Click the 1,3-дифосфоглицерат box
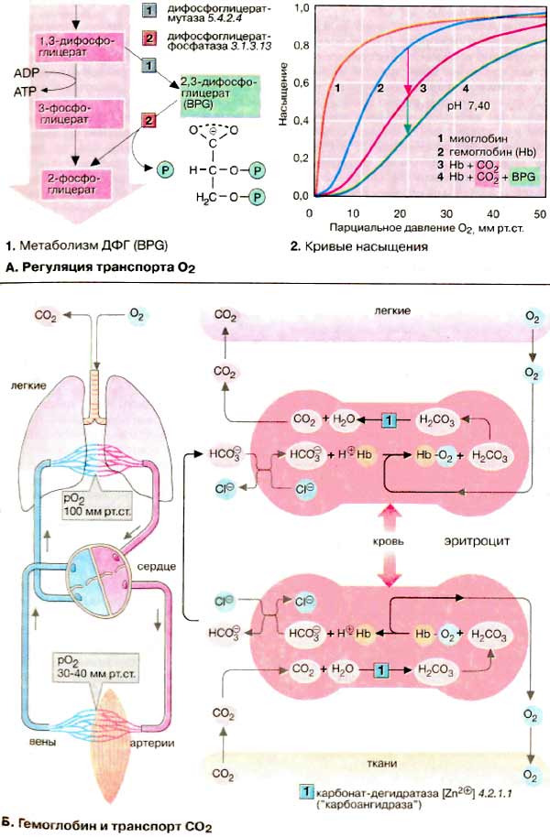[71, 46]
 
